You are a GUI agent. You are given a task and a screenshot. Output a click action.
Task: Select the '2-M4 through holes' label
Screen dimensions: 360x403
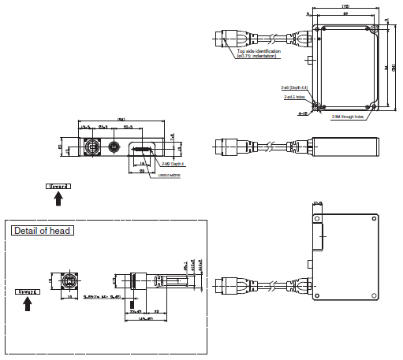coord(346,117)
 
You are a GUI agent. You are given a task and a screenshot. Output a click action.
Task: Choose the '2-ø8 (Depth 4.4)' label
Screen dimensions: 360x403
coord(293,88)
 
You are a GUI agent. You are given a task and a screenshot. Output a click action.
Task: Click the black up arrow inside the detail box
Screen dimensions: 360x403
coord(29,303)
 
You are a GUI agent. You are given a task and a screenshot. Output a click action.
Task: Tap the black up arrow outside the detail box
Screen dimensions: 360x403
coord(58,199)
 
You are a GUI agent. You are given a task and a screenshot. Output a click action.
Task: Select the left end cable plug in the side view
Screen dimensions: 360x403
coord(224,147)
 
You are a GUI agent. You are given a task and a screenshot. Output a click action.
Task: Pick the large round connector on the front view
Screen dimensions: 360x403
coord(91,147)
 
